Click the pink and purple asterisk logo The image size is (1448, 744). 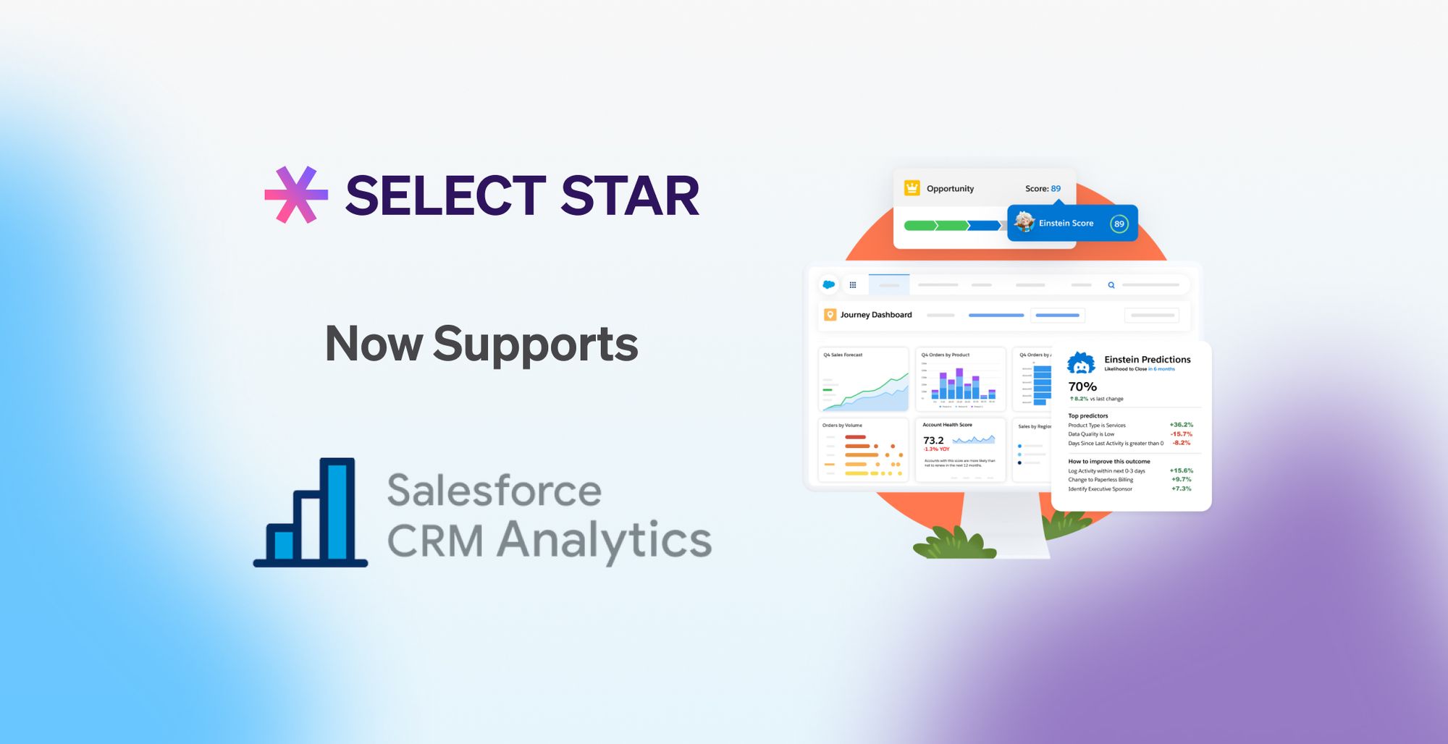[x=296, y=195]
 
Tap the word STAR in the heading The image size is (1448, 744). [x=630, y=196]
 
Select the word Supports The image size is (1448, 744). [x=535, y=344]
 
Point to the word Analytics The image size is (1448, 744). [x=605, y=541]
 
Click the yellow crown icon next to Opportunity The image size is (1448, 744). [x=912, y=188]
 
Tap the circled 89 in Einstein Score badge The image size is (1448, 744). [x=1119, y=224]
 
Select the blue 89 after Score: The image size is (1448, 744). [x=1056, y=189]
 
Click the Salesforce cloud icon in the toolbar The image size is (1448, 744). [x=829, y=285]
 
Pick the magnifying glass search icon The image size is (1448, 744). [x=1111, y=285]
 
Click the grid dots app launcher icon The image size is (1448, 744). [x=853, y=285]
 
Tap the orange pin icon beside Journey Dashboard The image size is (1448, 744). [x=830, y=315]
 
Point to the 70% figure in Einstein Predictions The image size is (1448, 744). [x=1082, y=387]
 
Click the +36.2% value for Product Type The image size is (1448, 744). [x=1181, y=425]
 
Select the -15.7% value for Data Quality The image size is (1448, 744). [x=1181, y=434]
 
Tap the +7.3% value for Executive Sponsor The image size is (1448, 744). [x=1181, y=489]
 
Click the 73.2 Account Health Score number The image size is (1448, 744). [x=933, y=441]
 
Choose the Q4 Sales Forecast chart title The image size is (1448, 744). [x=843, y=355]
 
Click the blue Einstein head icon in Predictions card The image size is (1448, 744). [x=1081, y=363]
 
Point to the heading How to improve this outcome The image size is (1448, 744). [x=1108, y=462]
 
